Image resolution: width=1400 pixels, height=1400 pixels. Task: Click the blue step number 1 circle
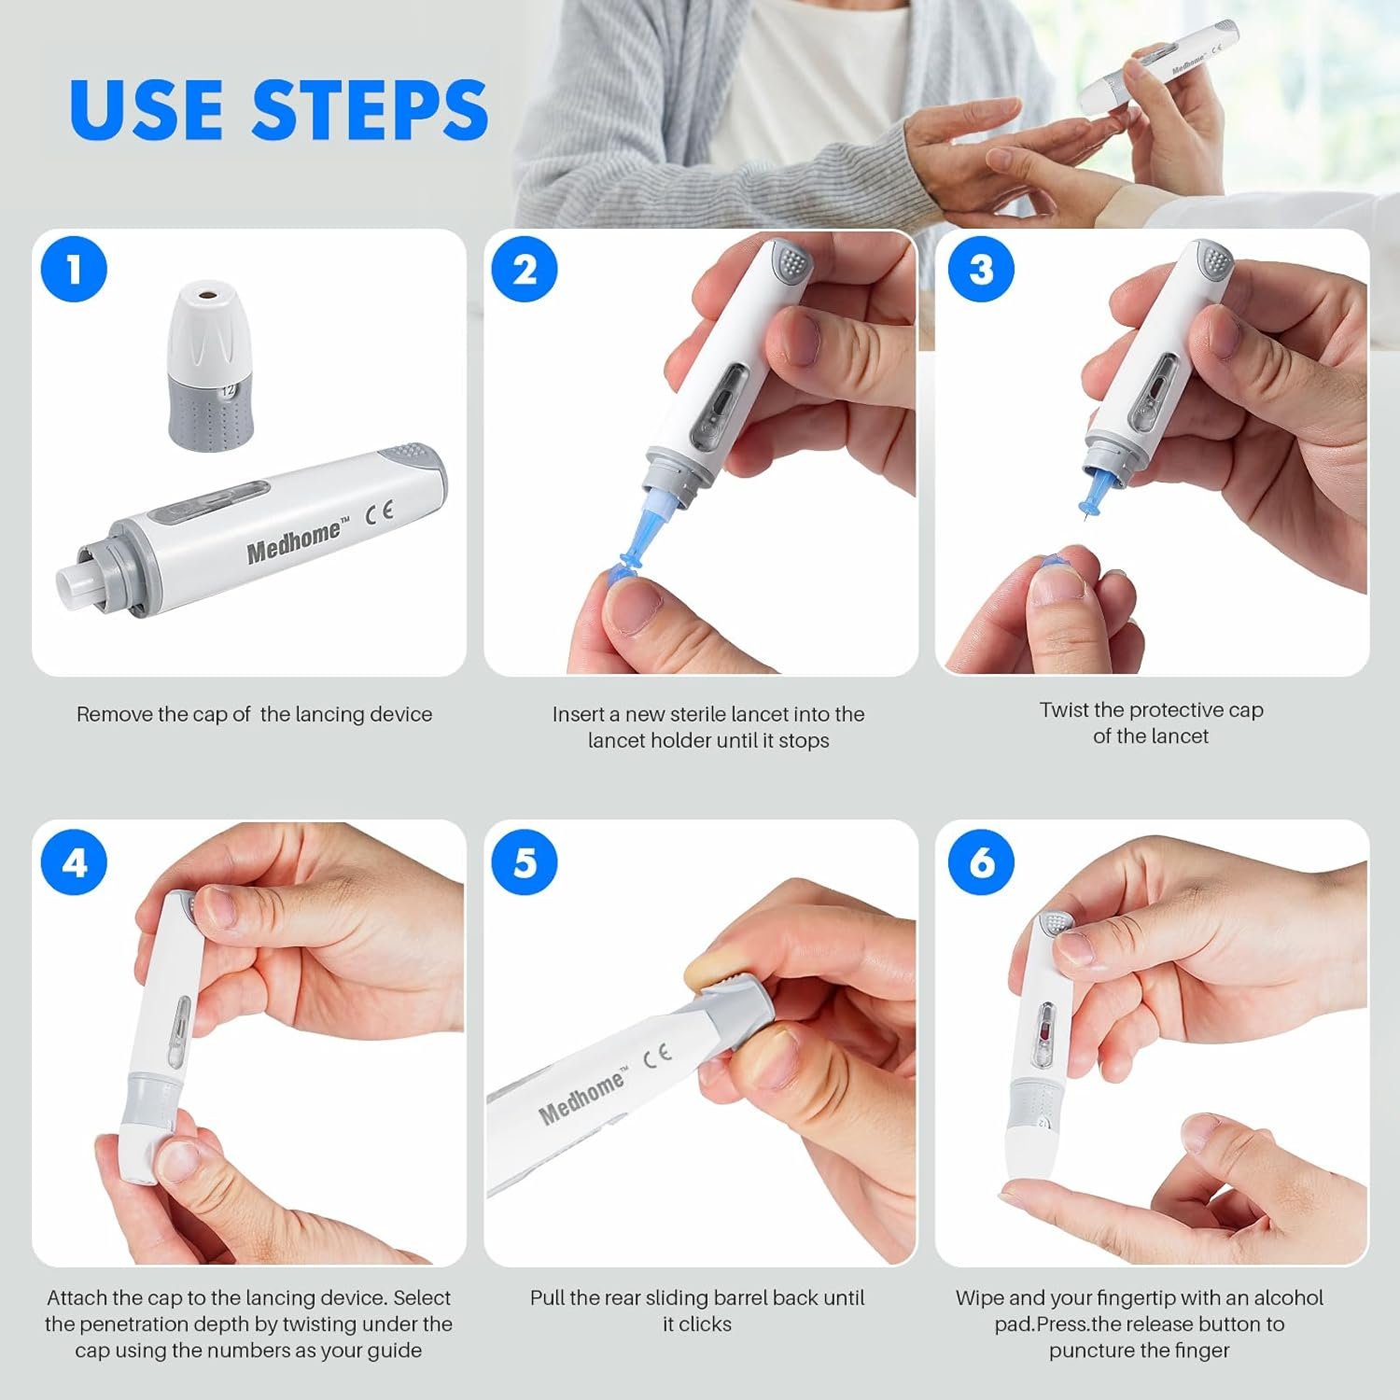pyautogui.click(x=75, y=269)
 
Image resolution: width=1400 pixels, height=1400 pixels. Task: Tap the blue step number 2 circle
pyautogui.click(x=525, y=269)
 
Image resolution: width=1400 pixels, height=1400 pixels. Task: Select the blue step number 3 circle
pyautogui.click(x=981, y=269)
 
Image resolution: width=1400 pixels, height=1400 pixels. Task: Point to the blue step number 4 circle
pyautogui.click(x=75, y=861)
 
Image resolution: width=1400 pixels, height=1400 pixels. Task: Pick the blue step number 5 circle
pyautogui.click(x=525, y=861)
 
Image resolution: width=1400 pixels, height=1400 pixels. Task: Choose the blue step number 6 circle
pyautogui.click(x=981, y=861)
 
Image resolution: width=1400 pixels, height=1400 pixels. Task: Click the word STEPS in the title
pyautogui.click(x=371, y=109)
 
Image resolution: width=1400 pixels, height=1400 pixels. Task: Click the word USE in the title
pyautogui.click(x=147, y=109)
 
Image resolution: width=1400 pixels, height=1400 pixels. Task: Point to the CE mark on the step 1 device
pyautogui.click(x=378, y=511)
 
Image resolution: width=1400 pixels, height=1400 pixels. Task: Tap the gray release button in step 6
pyautogui.click(x=1055, y=923)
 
